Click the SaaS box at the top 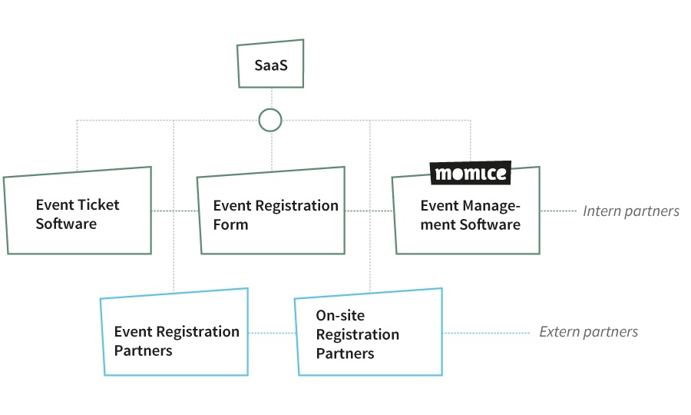click(x=270, y=66)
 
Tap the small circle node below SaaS click(x=270, y=120)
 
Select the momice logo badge click(x=471, y=174)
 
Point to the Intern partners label click(x=631, y=211)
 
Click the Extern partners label click(x=588, y=332)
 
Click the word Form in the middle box click(x=230, y=225)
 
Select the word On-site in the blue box click(x=340, y=316)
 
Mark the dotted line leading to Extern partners click(x=487, y=333)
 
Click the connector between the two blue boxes click(x=273, y=333)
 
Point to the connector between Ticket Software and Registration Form click(x=174, y=211)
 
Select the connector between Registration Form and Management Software click(x=369, y=211)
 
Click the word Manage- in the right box click(x=492, y=206)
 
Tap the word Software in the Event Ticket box click(x=66, y=224)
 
